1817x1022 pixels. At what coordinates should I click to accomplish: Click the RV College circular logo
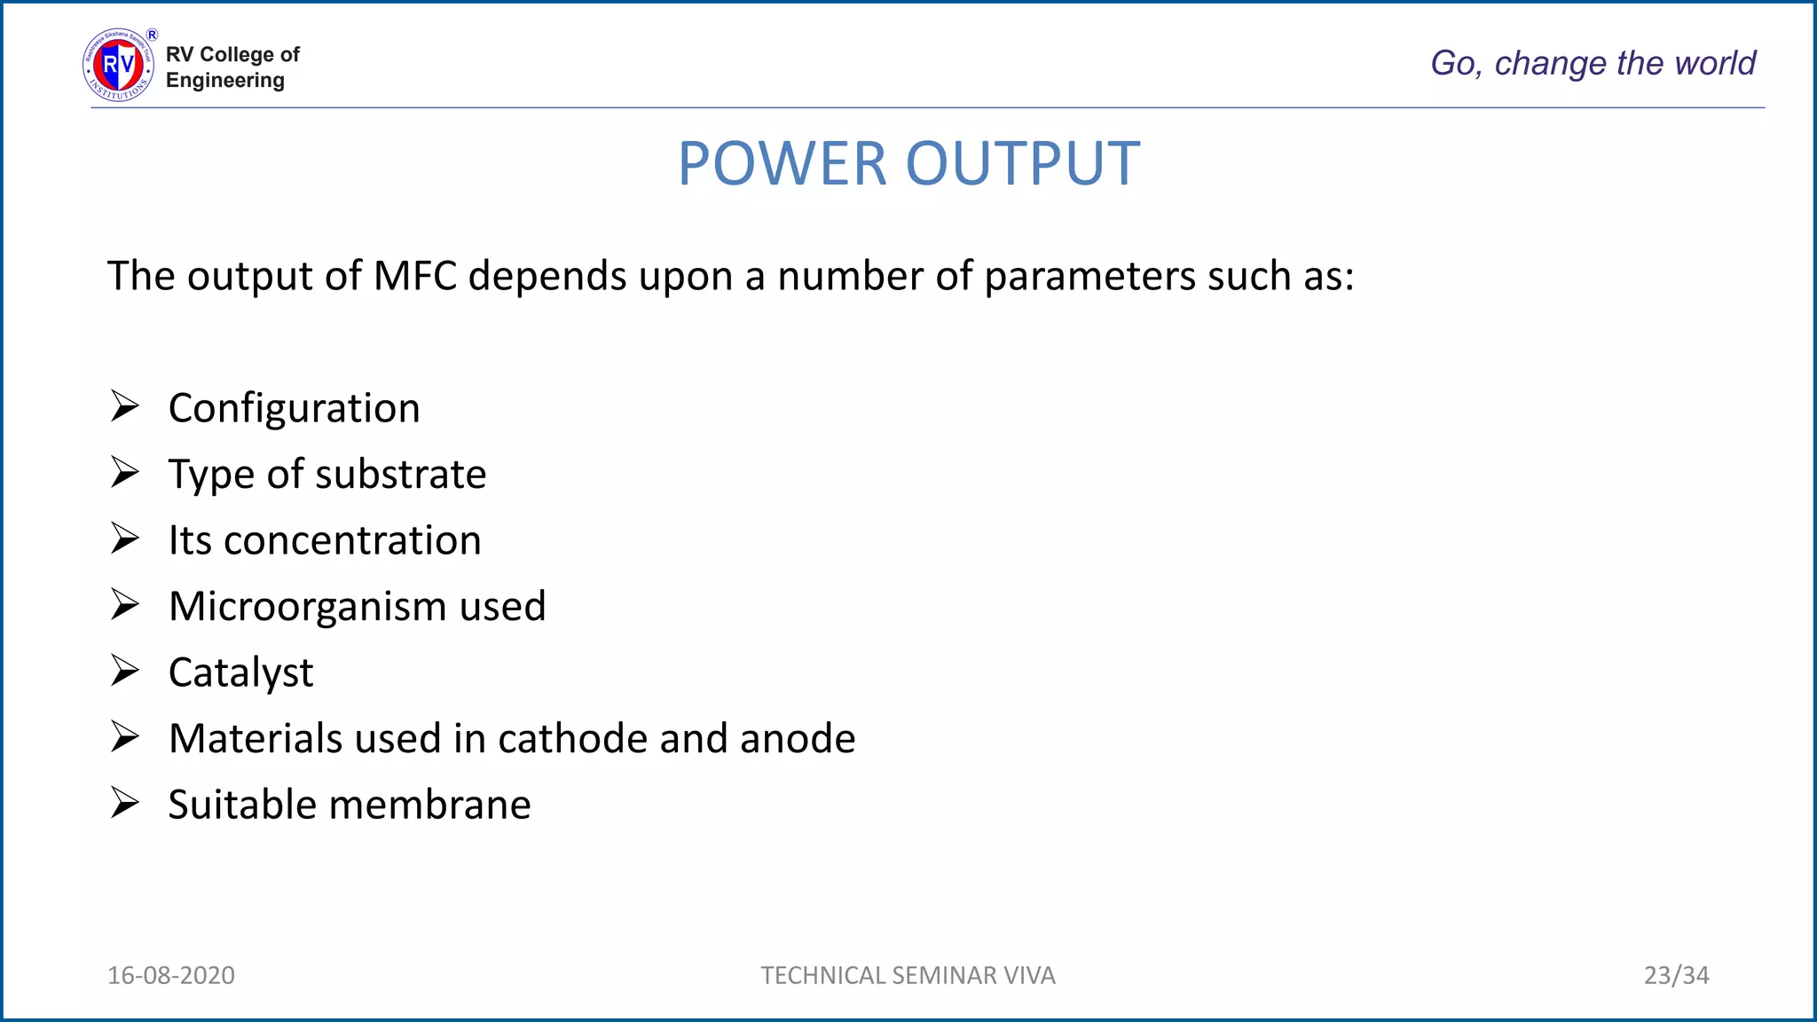coord(119,65)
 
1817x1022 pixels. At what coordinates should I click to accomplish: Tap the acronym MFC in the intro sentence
coord(414,276)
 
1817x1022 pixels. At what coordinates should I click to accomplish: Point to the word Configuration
coord(294,409)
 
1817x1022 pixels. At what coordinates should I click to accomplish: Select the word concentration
coord(352,541)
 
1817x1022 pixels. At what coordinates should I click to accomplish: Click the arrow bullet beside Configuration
coord(125,406)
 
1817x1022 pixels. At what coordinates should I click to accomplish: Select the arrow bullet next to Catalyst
coord(125,671)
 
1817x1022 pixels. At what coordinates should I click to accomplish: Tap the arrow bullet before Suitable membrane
coord(125,803)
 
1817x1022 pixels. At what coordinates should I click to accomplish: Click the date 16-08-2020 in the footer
coord(171,975)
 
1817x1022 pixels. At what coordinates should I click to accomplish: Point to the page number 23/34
coord(1676,975)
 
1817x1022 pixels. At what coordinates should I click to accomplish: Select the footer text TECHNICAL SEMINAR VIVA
coord(908,975)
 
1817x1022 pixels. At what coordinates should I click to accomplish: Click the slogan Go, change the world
coord(1593,63)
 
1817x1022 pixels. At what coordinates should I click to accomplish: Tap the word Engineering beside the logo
coord(225,81)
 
